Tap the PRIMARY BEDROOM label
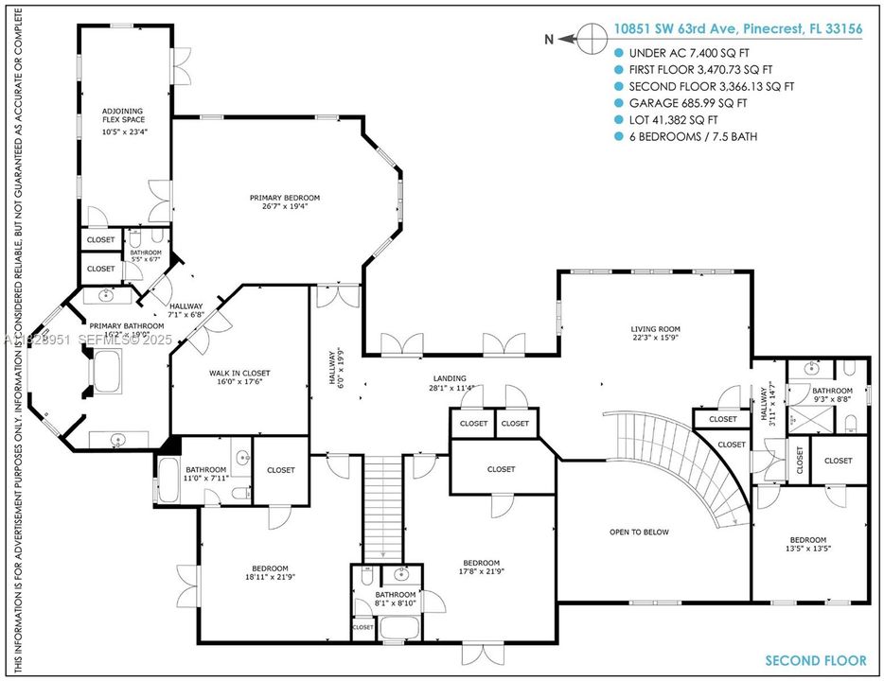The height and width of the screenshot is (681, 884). (x=285, y=198)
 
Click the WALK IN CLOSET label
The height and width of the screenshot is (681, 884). (x=239, y=374)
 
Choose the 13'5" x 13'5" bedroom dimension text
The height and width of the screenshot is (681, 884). (x=807, y=548)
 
